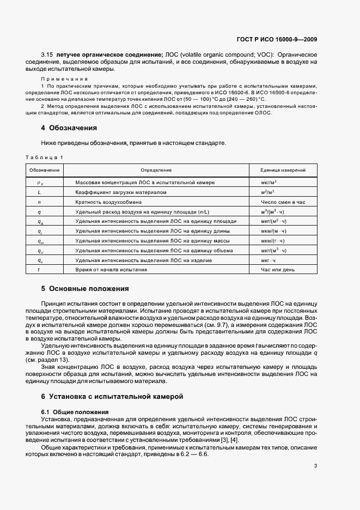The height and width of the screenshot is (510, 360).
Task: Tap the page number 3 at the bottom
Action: pyautogui.click(x=315, y=465)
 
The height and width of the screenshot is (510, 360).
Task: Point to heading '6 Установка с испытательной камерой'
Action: pyautogui.click(x=113, y=396)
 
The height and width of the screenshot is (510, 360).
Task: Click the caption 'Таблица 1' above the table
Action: pyautogui.click(x=44, y=157)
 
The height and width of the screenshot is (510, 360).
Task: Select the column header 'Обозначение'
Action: pyautogui.click(x=44, y=171)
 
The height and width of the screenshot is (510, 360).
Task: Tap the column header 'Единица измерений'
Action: pyautogui.click(x=283, y=171)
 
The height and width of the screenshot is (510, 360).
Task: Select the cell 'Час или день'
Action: pyautogui.click(x=278, y=270)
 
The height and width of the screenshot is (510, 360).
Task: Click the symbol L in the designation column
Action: pyautogui.click(x=39, y=192)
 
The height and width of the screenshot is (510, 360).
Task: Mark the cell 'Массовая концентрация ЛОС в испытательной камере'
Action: pyautogui.click(x=145, y=182)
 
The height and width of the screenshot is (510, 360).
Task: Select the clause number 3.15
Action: pyautogui.click(x=47, y=55)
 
